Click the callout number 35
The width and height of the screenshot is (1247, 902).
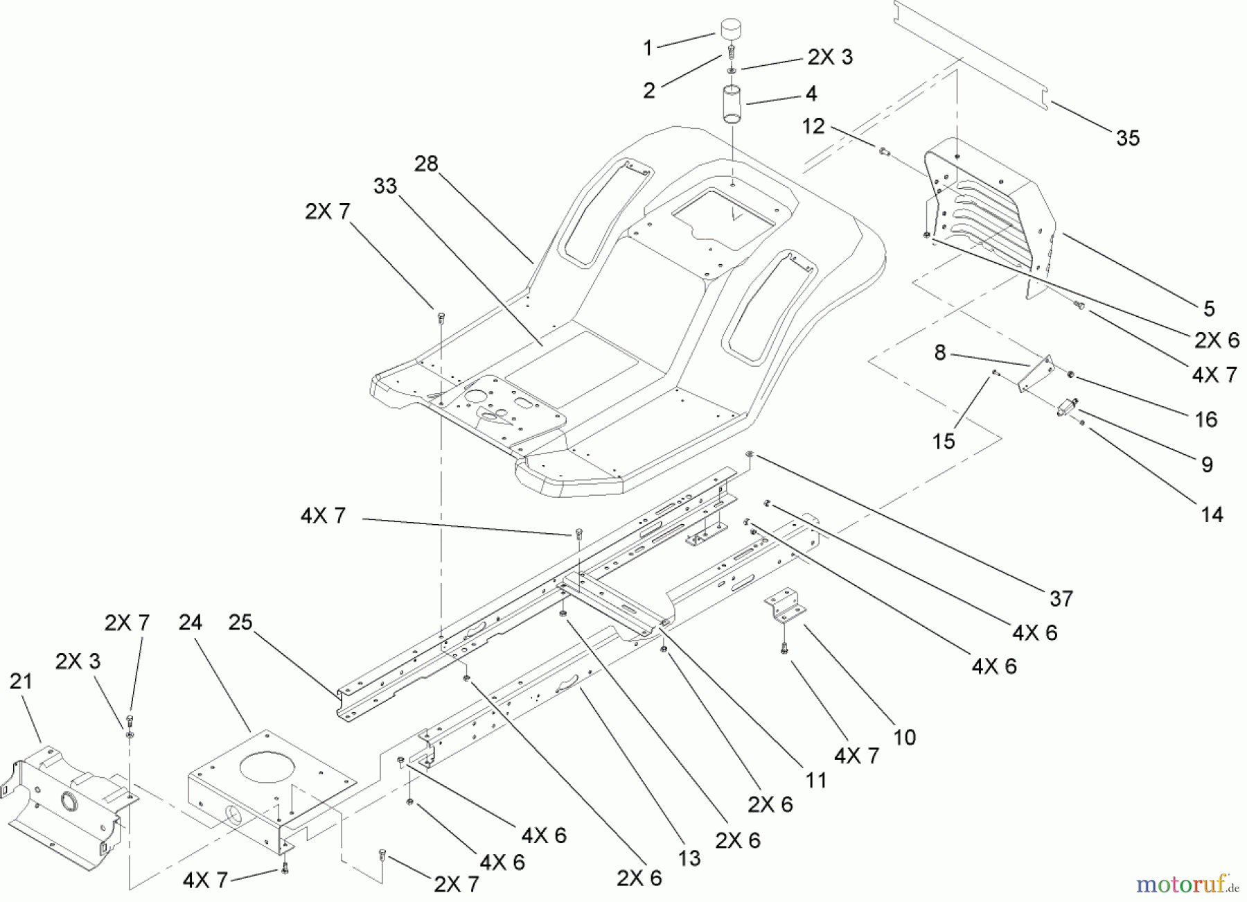[1128, 138]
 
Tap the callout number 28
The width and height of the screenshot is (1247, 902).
[427, 164]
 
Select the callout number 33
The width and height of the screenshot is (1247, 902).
[385, 186]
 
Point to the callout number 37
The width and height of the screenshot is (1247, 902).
[1061, 598]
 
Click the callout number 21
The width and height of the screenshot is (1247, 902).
[21, 682]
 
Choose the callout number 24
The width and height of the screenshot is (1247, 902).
[191, 622]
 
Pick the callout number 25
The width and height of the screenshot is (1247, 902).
[240, 622]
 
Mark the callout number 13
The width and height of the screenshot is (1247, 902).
[689, 858]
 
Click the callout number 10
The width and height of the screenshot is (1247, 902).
[905, 737]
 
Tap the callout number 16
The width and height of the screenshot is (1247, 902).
[1206, 419]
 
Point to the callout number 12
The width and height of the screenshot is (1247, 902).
[814, 126]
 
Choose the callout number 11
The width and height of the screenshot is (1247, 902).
[817, 780]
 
